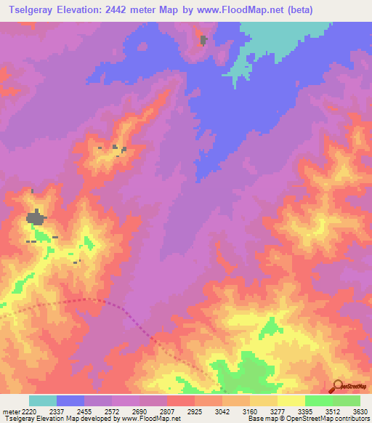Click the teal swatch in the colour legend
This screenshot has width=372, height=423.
tap(42, 400)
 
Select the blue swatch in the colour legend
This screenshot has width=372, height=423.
tap(70, 400)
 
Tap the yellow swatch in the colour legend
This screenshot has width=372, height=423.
tap(291, 400)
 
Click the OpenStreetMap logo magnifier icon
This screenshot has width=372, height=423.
tap(337, 386)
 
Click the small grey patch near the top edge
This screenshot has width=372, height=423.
tap(203, 40)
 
